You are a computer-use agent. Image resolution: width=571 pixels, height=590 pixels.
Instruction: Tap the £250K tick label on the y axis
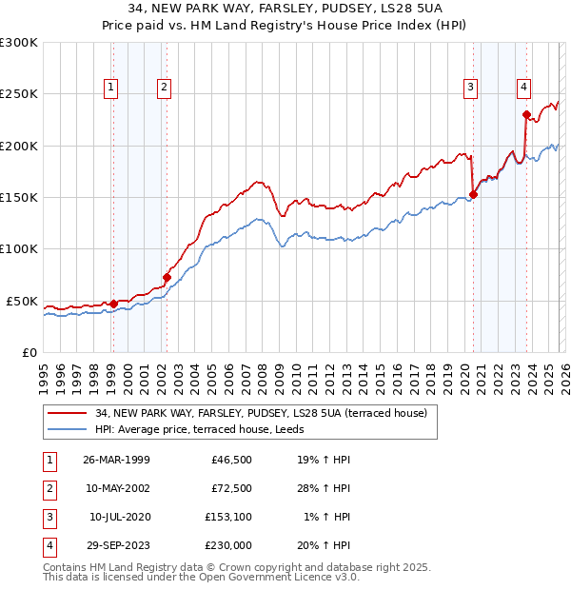19,94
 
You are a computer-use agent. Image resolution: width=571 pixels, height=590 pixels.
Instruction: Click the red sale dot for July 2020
473,194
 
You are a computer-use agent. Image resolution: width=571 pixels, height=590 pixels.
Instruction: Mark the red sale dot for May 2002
167,278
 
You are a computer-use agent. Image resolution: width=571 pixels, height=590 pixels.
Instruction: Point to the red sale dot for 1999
113,305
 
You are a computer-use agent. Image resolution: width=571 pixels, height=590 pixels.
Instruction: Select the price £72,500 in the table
230,489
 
